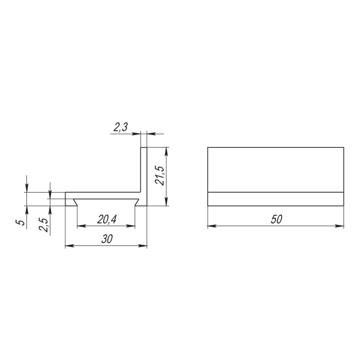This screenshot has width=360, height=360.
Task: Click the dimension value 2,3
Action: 121,127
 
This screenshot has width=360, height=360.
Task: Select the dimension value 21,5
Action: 160,175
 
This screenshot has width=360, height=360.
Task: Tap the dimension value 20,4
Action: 107,220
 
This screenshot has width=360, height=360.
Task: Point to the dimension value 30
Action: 107,239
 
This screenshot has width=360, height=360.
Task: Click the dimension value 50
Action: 277,219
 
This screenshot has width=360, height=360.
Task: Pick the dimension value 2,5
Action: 43,225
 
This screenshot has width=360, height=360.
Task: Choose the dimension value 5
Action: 22,222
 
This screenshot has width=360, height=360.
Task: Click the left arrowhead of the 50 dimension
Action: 212,226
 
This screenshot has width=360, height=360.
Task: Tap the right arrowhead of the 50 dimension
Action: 340,226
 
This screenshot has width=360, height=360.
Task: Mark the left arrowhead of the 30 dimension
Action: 70,245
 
